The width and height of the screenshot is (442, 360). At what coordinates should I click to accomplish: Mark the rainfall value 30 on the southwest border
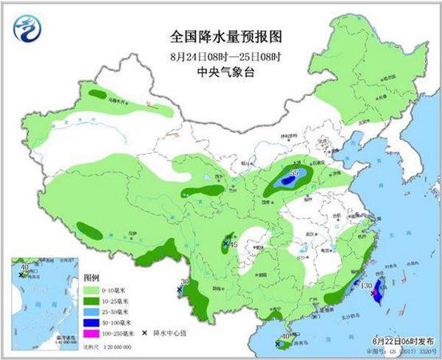[x=185, y=282]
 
